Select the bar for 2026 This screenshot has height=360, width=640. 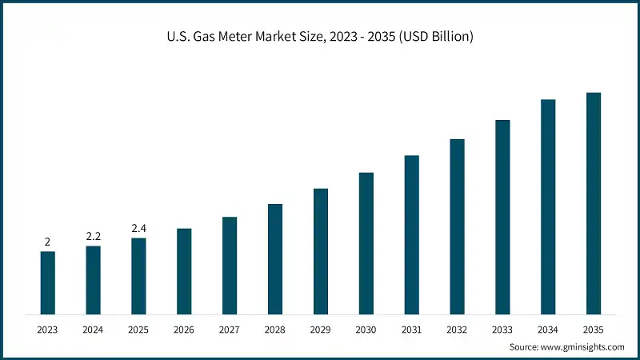tap(184, 271)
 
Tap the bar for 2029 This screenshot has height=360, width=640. tap(321, 251)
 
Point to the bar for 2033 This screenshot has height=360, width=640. tap(502, 217)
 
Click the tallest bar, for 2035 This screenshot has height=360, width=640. tap(594, 203)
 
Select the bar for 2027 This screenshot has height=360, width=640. tap(230, 265)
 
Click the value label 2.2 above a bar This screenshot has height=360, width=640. tap(94, 236)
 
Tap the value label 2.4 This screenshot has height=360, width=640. tap(139, 228)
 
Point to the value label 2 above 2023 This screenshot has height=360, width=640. tap(48, 242)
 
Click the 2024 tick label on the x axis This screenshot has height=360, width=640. tap(94, 329)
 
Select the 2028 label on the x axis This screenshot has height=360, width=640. tap(275, 329)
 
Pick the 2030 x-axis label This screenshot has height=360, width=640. tap(366, 329)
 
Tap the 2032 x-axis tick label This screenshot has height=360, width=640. tap(457, 329)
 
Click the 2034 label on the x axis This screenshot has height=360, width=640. tap(548, 329)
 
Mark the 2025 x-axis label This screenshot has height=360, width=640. tap(139, 329)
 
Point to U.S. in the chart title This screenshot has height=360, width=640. tap(178, 37)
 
